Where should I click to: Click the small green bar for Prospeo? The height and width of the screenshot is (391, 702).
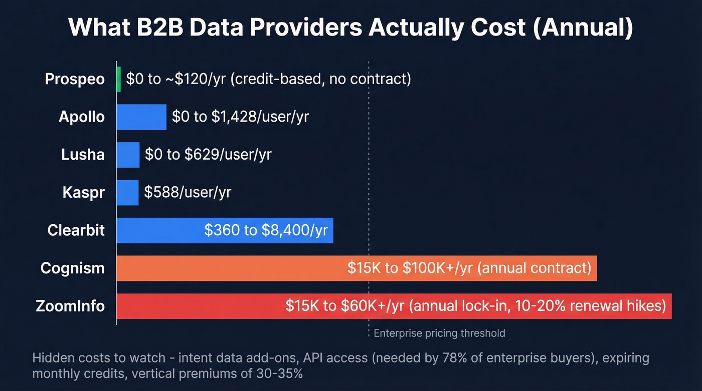[119, 79]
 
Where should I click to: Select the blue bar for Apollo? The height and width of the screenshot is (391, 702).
[141, 117]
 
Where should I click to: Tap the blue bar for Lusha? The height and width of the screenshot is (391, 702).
[128, 155]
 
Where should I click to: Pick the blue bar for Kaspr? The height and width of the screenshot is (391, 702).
[127, 193]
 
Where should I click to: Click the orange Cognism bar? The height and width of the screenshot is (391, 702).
[231, 268]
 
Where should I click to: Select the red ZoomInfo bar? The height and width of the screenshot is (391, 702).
[201, 306]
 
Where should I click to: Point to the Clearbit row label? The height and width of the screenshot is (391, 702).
[76, 230]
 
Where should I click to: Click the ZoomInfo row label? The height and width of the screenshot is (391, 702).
[70, 306]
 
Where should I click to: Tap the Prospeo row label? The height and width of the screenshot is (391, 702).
[75, 79]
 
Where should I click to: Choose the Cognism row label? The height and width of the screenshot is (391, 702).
[73, 268]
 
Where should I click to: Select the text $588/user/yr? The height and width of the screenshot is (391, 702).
[188, 193]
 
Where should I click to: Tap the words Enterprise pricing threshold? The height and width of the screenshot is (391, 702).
[439, 333]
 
